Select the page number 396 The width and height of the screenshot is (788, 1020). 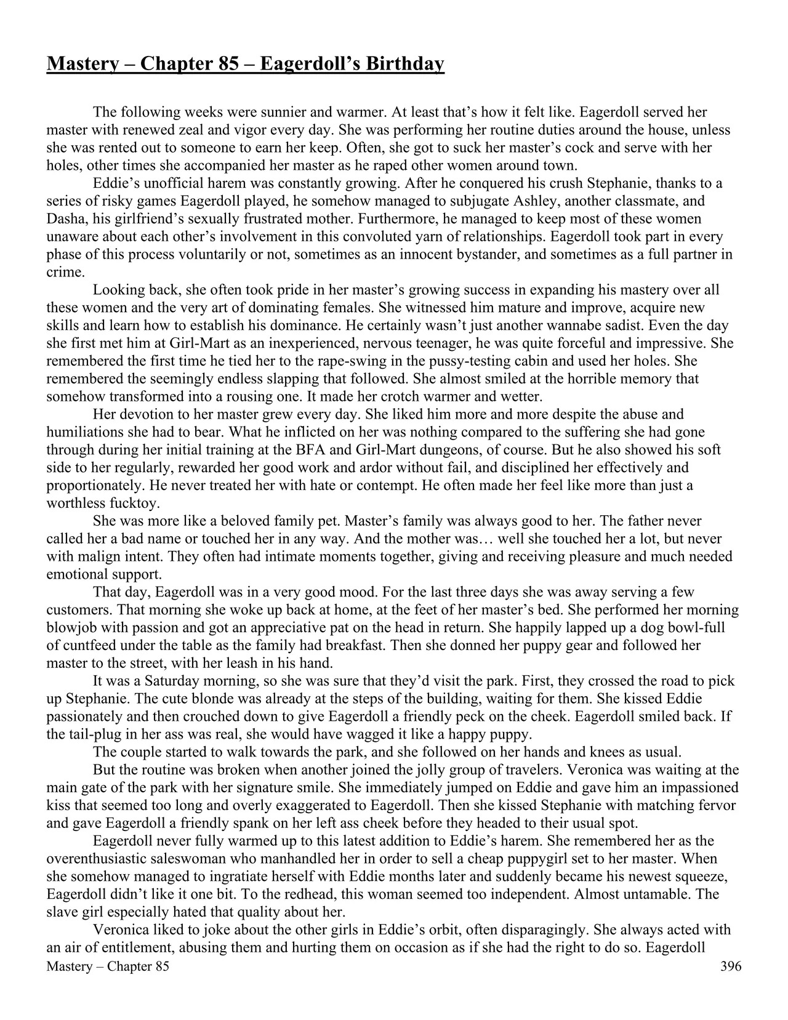pos(731,966)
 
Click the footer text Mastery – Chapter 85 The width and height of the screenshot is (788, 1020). pos(108,966)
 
